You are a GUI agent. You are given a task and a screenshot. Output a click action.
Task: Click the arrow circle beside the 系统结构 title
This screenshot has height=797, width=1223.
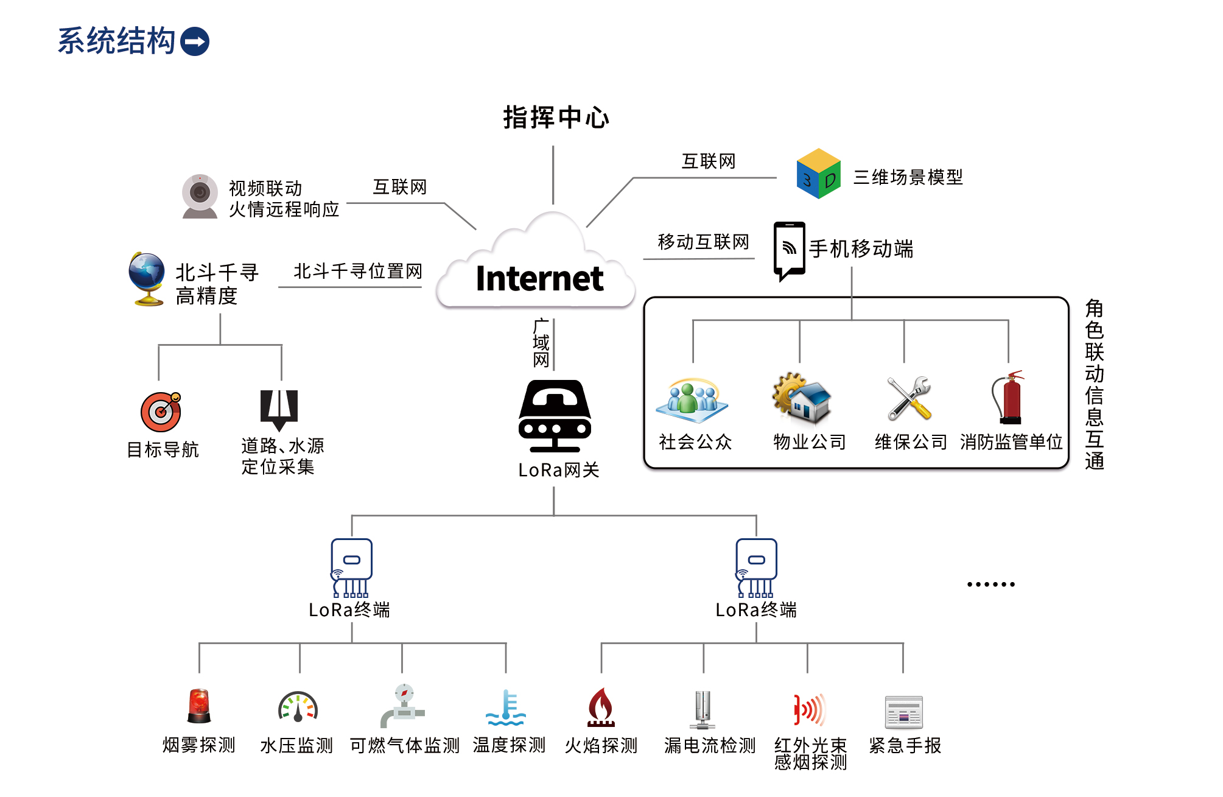point(195,41)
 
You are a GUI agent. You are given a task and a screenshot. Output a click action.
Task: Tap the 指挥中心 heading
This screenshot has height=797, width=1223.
point(556,118)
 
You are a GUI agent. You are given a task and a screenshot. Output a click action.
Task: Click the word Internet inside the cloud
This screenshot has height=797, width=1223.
point(539,279)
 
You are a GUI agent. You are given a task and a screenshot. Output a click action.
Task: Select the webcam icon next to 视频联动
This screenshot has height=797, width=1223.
point(200,196)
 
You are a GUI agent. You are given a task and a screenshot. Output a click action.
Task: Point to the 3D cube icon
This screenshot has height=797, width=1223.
point(818,174)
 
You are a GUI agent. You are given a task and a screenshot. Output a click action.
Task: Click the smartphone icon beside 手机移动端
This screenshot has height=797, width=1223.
point(789,250)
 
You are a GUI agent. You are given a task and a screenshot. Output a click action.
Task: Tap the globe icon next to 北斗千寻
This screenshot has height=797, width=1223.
point(147,278)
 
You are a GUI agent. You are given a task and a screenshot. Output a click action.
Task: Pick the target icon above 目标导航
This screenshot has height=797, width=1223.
point(161,412)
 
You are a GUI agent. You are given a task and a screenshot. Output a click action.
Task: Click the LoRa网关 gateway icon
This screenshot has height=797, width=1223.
point(555,416)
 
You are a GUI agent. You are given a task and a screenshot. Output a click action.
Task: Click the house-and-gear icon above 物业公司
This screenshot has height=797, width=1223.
point(802,399)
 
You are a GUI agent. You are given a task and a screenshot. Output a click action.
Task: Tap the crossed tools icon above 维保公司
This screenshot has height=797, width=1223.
point(909,398)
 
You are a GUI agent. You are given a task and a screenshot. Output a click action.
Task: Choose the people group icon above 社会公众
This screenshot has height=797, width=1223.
point(692,401)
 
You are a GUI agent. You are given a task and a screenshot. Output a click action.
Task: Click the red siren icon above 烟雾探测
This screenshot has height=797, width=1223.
point(199,706)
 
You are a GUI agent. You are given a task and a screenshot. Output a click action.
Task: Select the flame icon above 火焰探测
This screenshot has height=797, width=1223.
point(601,707)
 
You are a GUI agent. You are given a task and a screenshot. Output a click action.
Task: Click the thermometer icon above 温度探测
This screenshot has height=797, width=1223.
point(506,707)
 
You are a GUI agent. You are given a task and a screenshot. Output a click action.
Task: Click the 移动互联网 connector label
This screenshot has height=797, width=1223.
point(703,242)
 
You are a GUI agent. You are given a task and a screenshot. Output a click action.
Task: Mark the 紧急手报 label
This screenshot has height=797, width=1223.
point(905,745)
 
